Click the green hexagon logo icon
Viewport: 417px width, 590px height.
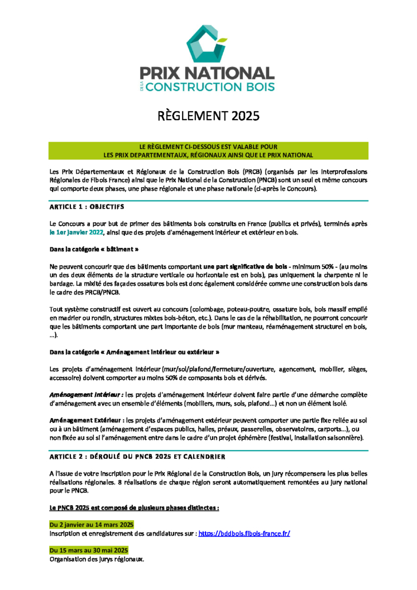[208, 44]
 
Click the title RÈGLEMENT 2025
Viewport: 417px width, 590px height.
[208, 116]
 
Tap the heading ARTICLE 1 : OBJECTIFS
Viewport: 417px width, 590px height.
[86, 206]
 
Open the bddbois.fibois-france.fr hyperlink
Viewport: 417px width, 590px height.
[244, 533]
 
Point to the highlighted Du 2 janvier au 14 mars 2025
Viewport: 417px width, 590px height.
[92, 525]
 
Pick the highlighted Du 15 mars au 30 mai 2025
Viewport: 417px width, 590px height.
[92, 550]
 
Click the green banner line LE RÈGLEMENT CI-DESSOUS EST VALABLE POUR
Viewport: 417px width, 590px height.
[208, 147]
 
